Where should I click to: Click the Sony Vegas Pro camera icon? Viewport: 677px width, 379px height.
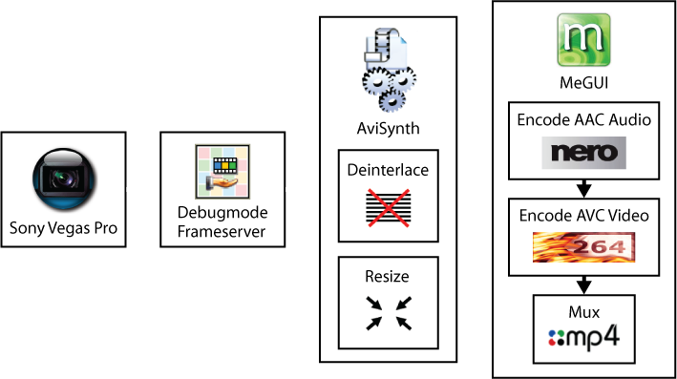[x=64, y=179]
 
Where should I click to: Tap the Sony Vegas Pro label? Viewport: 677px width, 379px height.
[x=63, y=228]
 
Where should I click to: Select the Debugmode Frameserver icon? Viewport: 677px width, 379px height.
[x=222, y=172]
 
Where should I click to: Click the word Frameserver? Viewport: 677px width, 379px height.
[x=222, y=232]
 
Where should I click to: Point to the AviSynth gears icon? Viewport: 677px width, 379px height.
[x=389, y=70]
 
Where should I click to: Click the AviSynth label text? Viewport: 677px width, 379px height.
[x=388, y=129]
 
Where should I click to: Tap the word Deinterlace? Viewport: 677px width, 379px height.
[x=388, y=170]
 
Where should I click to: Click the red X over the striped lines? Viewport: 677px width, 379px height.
[x=388, y=208]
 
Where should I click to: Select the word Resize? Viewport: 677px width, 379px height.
[x=388, y=276]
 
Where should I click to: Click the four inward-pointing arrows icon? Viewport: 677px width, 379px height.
[x=389, y=313]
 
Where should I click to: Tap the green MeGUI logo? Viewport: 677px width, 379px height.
[x=583, y=40]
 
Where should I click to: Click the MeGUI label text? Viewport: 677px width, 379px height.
[x=583, y=82]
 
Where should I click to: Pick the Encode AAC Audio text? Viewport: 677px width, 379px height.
[x=583, y=119]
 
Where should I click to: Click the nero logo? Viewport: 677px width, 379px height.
[x=583, y=153]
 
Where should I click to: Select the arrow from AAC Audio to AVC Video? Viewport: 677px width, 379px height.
[x=583, y=189]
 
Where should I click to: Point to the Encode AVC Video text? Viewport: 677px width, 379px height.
[x=583, y=216]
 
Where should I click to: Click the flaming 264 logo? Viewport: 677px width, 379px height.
[x=583, y=247]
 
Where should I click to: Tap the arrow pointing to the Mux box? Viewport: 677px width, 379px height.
[x=583, y=285]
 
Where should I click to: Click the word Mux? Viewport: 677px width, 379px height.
[x=583, y=312]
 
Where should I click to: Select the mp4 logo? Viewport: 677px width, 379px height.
[x=583, y=337]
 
